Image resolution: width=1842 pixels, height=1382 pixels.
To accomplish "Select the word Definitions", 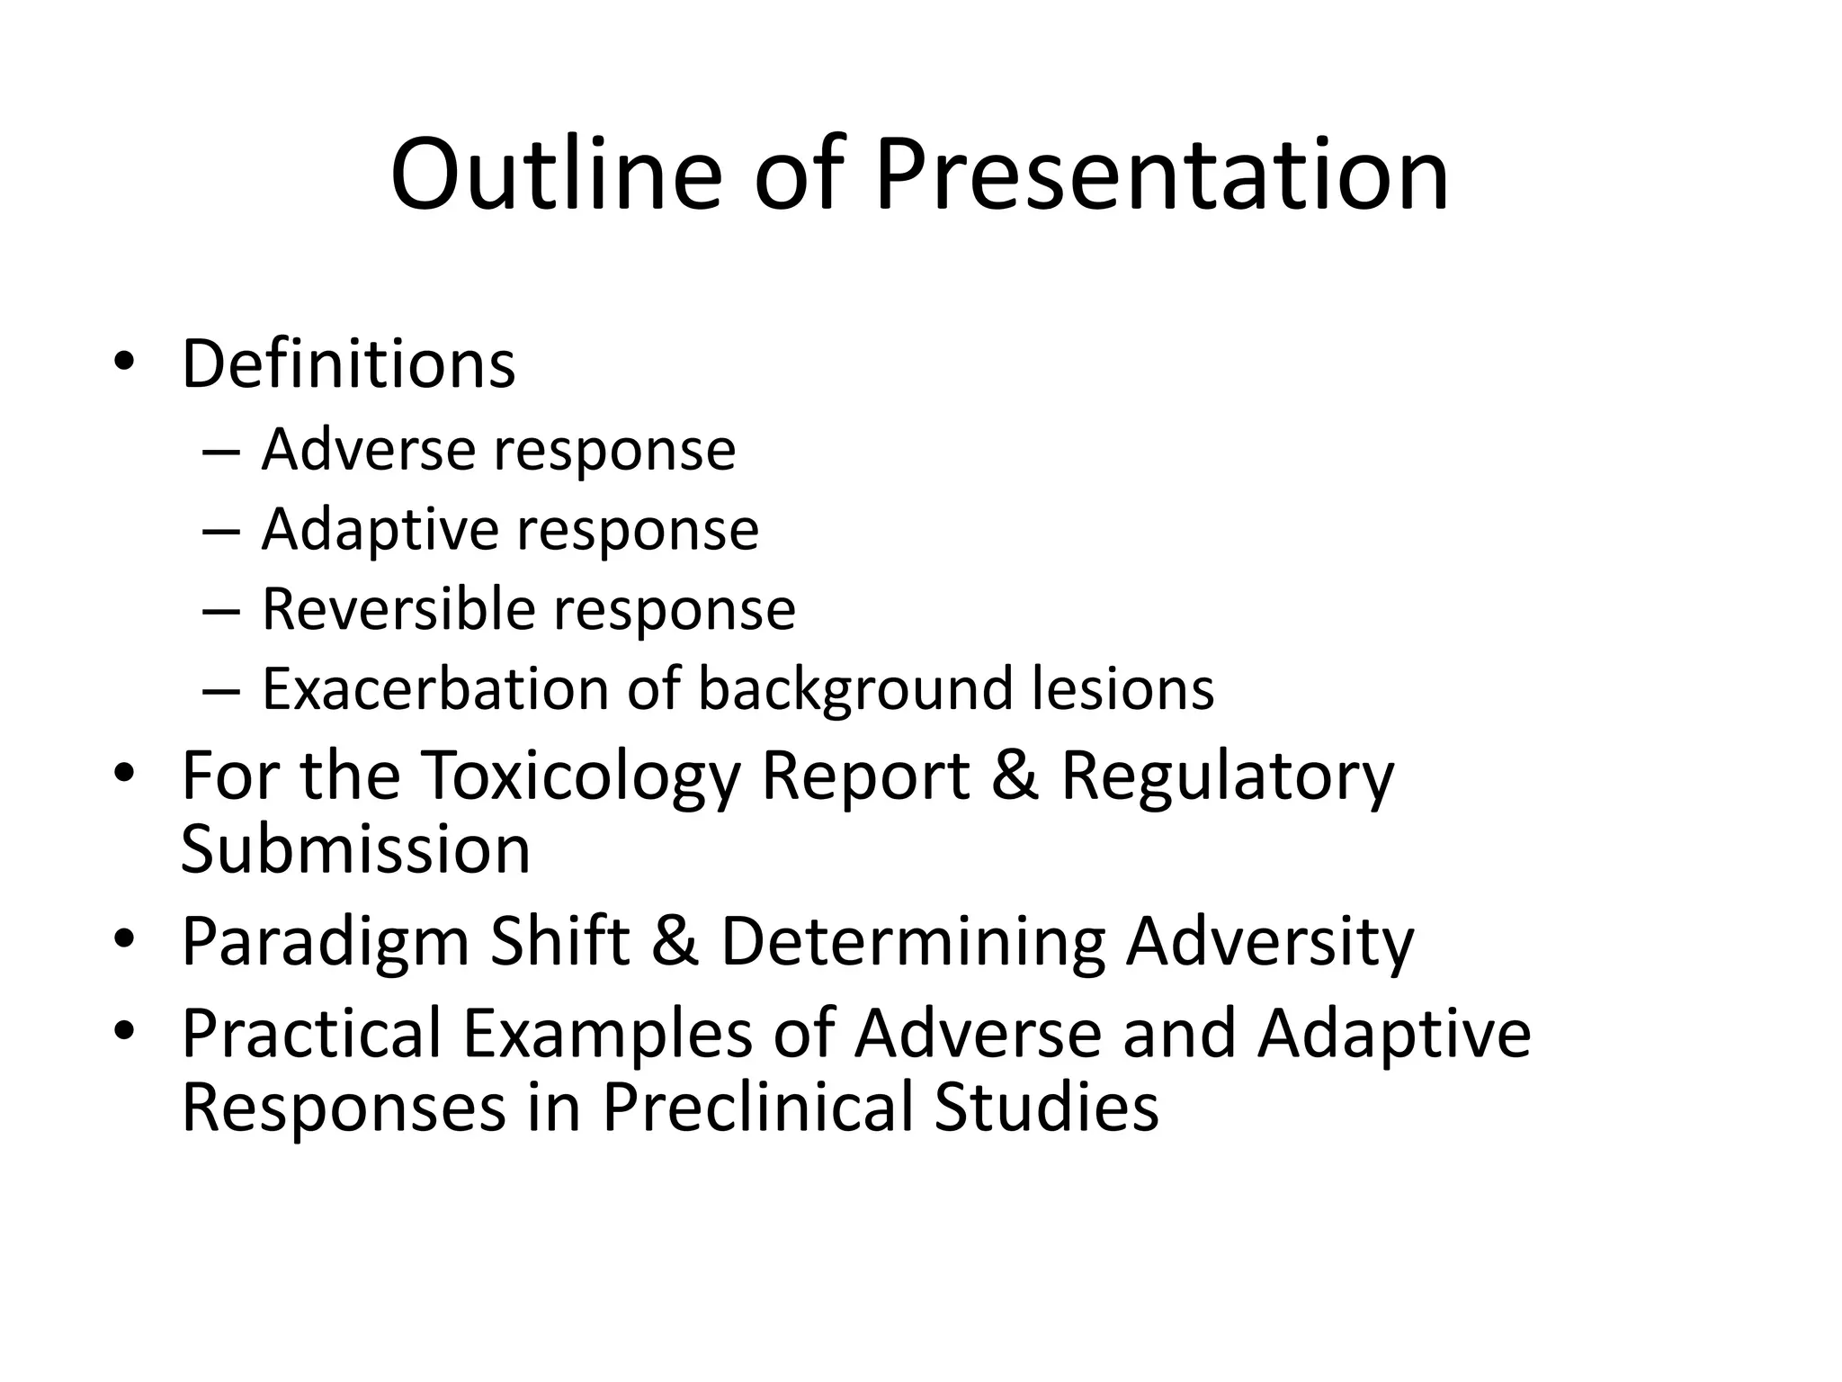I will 348,364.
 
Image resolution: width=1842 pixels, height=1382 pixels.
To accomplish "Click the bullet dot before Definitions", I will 124,362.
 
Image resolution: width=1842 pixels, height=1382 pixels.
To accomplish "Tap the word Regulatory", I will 1227,776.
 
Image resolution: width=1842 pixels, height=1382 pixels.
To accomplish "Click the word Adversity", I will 1270,941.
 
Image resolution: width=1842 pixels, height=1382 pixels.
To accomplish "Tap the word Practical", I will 311,1033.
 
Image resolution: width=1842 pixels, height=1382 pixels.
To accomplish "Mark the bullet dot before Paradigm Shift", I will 124,939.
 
